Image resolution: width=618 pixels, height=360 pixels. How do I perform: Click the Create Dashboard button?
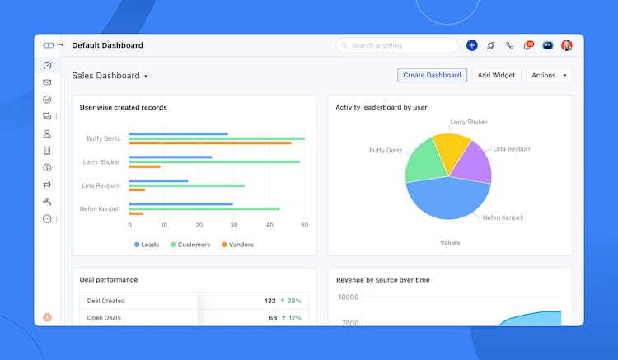432,75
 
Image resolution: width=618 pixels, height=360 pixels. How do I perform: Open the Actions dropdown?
549,75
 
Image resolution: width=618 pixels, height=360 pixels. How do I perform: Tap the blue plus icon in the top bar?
472,45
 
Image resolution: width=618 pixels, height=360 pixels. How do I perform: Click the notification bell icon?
527,46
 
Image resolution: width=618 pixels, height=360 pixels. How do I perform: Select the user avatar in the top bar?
567,45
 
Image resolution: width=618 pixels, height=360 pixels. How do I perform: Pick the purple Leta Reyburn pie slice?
473,163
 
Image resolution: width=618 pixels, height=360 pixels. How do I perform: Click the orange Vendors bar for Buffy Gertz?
210,143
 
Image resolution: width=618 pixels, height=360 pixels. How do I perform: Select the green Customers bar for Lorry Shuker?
214,161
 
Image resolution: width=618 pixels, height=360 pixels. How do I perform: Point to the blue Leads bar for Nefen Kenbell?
180,203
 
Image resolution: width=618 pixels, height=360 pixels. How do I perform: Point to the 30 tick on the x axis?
235,225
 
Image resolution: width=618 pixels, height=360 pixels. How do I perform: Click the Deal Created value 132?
269,301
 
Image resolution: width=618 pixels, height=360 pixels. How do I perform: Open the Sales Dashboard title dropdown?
146,76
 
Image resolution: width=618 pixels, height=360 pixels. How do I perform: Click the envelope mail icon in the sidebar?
47,82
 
